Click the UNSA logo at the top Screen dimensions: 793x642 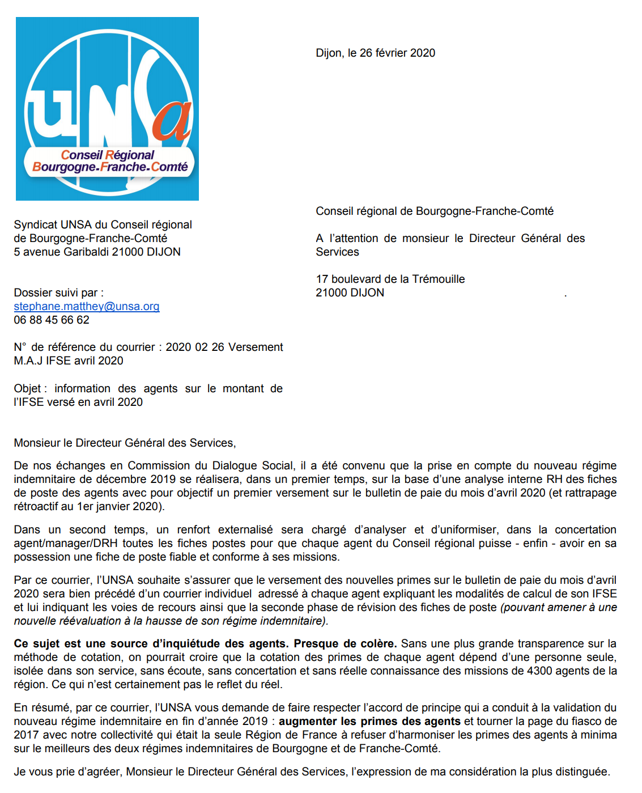point(107,108)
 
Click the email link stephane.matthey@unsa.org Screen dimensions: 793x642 point(87,307)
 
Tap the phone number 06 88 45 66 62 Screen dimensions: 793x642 point(52,320)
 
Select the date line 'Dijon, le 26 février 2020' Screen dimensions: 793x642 point(375,53)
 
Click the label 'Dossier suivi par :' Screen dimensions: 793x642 point(58,293)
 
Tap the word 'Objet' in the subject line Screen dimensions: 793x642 point(28,389)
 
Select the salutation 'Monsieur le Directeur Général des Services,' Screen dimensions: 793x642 point(125,443)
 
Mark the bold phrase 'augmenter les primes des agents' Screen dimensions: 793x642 point(369,722)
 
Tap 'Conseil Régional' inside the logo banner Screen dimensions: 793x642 point(108,155)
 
